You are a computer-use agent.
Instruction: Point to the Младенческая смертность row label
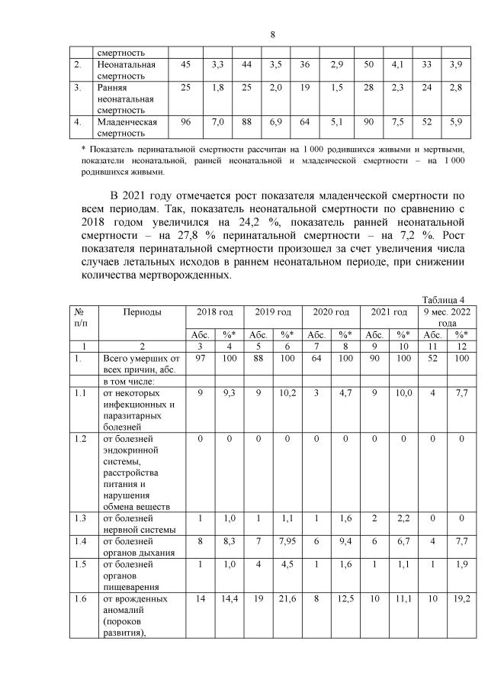point(127,127)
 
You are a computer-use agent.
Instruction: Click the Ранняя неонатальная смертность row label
point(127,98)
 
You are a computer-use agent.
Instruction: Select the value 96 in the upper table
point(185,121)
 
